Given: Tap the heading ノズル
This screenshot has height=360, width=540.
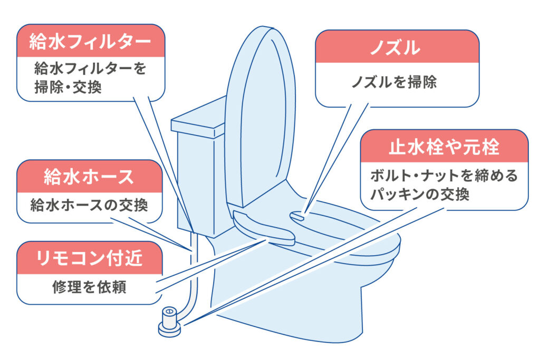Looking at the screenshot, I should click(394, 48).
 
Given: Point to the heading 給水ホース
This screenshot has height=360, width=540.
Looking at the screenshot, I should click(89, 177).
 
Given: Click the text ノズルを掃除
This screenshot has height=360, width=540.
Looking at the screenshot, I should click(394, 83).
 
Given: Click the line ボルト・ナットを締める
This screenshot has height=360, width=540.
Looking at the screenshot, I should click(444, 176).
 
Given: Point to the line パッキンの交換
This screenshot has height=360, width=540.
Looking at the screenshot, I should click(420, 194).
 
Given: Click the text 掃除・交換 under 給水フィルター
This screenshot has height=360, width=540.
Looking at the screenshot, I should click(67, 86).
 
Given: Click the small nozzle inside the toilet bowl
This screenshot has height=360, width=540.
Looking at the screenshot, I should click(297, 215).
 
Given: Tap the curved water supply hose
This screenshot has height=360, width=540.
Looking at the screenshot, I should click(194, 279).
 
